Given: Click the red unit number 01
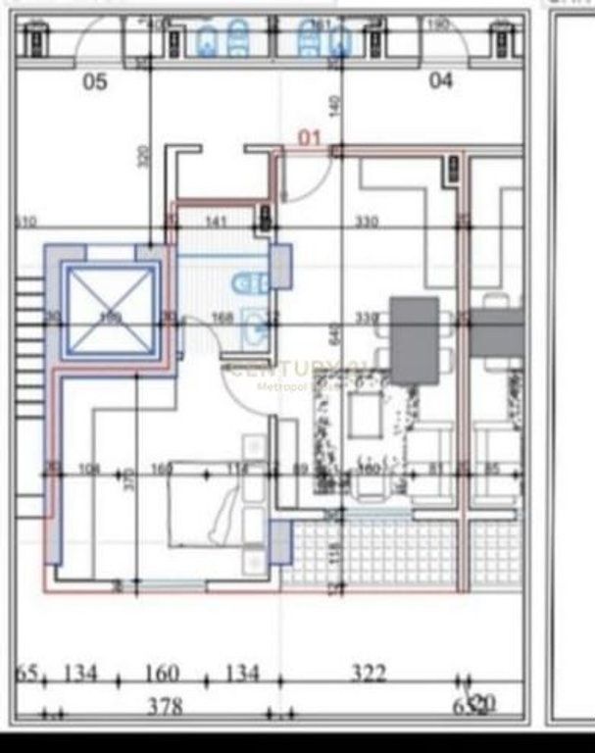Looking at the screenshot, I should pos(310,137).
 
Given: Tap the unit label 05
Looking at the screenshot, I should pos(94,82).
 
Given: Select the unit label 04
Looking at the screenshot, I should pos(441,80).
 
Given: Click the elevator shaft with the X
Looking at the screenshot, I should pos(110,309).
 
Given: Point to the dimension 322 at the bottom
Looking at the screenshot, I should pos(368,674).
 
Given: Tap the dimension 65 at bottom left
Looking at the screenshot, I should pos(25,674).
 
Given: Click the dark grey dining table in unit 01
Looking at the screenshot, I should pos(414,339).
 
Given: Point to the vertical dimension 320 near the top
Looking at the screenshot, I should pos(143,156).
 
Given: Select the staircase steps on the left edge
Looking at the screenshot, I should pos(29,392).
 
